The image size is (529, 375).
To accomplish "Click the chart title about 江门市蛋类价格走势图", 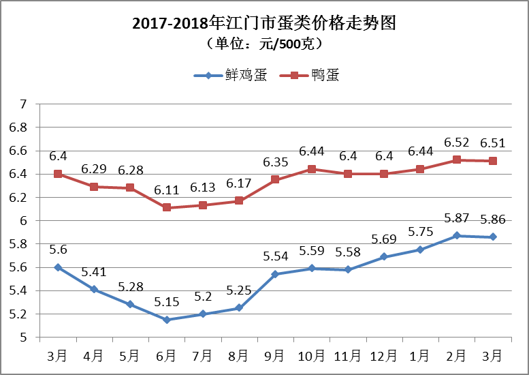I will (x=264, y=24).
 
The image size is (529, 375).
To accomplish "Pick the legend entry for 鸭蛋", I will (x=315, y=76).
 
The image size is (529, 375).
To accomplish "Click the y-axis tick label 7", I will (x=22, y=104).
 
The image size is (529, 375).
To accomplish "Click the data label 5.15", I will (x=166, y=301).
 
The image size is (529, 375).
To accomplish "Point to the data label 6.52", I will (x=456, y=142).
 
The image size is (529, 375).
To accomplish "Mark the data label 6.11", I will (x=166, y=190).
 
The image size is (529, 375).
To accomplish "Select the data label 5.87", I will (x=456, y=217).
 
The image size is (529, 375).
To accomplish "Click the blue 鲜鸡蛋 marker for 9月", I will (x=275, y=274).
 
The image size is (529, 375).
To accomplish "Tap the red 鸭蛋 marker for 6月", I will (x=166, y=208).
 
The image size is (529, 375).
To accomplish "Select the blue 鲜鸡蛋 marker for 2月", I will (x=456, y=235).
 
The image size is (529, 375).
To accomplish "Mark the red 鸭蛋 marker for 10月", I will (x=311, y=169).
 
